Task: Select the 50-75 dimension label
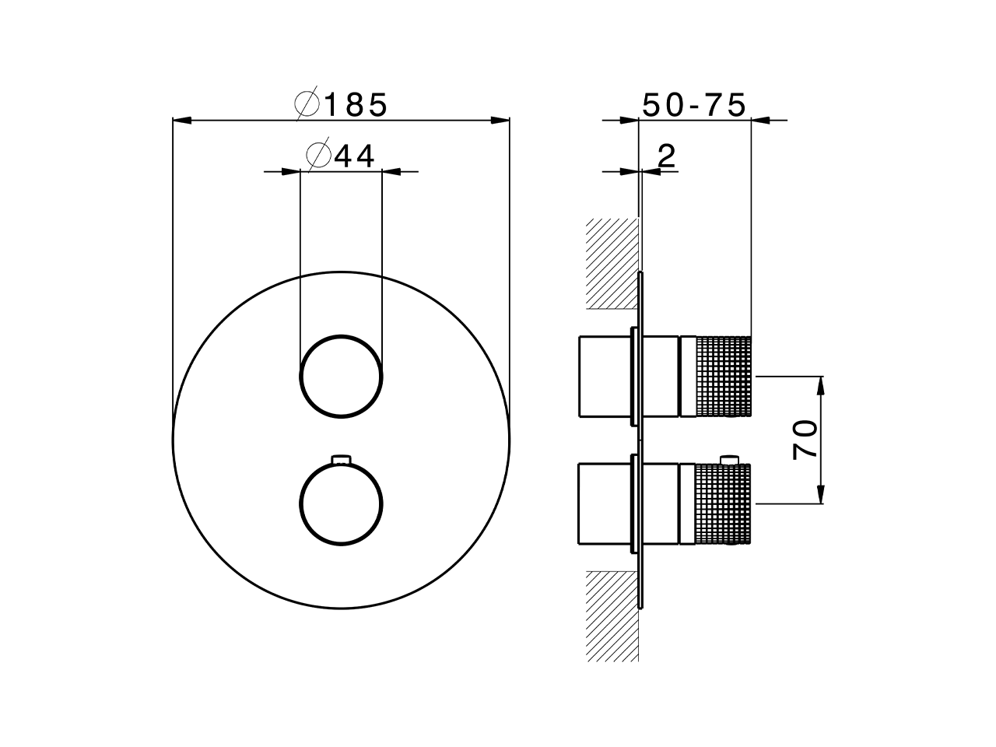click(x=695, y=104)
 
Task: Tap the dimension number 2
click(x=666, y=156)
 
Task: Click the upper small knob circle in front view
click(x=341, y=377)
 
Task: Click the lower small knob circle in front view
click(x=341, y=503)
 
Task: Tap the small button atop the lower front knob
click(x=341, y=460)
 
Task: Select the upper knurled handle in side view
click(x=724, y=377)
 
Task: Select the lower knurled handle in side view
click(x=724, y=503)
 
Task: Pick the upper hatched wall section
click(x=612, y=263)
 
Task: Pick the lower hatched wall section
click(x=612, y=615)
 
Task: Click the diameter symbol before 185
click(x=307, y=104)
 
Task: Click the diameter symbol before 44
click(x=319, y=156)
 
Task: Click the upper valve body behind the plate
click(x=603, y=377)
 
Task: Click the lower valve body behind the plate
click(x=603, y=503)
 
